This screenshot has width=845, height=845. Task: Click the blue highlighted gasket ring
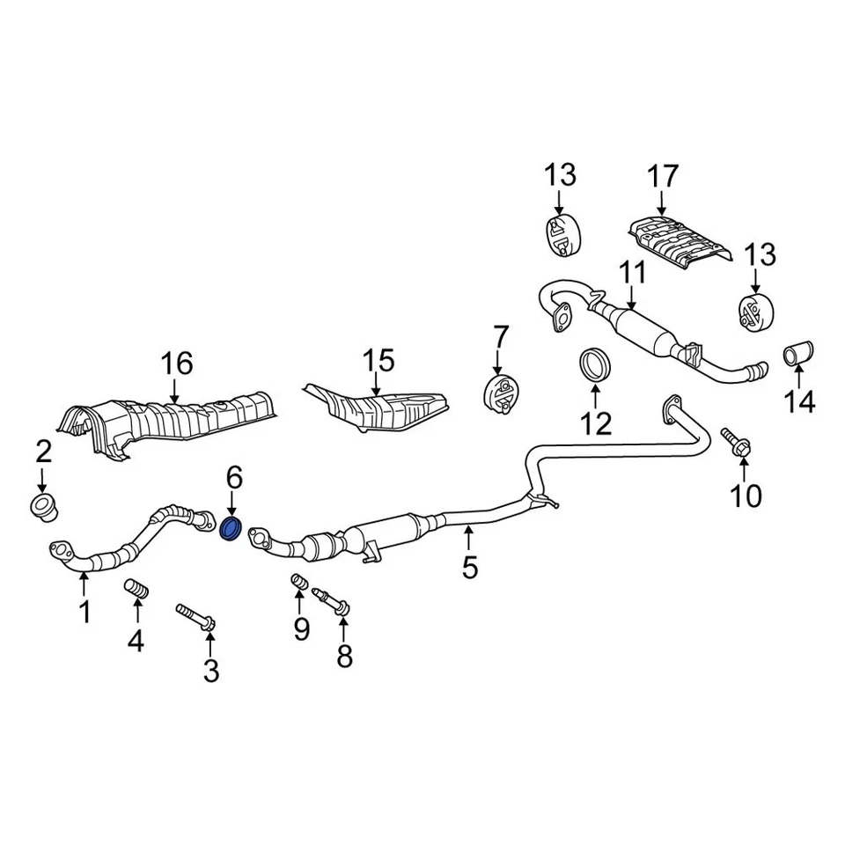[231, 530]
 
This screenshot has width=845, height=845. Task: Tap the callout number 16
[175, 363]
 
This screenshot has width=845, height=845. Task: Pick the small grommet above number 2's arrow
[41, 507]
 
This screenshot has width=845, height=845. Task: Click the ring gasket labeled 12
[595, 366]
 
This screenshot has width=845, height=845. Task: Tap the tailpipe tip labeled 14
[798, 356]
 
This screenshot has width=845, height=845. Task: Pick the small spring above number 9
[298, 584]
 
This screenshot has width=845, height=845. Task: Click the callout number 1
[84, 612]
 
